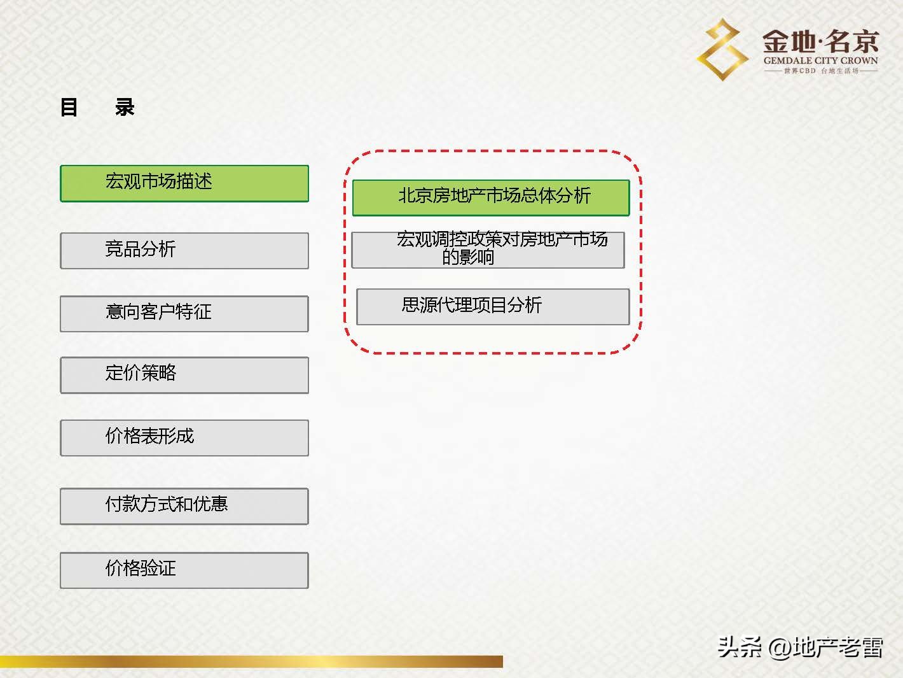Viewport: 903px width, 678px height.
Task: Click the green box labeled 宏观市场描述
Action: point(184,183)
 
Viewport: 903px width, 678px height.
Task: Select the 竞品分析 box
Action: point(184,250)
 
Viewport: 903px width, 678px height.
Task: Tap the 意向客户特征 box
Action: point(184,313)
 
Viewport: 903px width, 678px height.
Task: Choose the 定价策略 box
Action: point(184,374)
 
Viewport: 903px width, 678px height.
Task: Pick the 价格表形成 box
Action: point(184,437)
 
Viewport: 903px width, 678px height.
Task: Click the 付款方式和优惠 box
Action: point(184,505)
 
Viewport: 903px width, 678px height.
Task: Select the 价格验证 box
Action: point(184,570)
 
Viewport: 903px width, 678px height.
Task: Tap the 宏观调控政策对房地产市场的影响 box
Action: point(488,249)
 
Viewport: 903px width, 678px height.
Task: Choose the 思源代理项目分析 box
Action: point(493,306)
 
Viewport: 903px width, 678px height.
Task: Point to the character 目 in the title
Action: point(69,107)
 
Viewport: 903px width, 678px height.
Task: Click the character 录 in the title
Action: point(125,107)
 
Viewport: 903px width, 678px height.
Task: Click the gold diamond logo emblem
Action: point(722,50)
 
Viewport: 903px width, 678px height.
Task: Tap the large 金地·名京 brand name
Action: point(820,42)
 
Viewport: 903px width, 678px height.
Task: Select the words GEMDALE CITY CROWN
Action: point(820,61)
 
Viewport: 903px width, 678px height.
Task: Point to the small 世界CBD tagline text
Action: point(799,71)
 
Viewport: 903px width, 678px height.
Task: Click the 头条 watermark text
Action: point(740,647)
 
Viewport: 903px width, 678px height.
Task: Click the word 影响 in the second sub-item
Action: point(477,257)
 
